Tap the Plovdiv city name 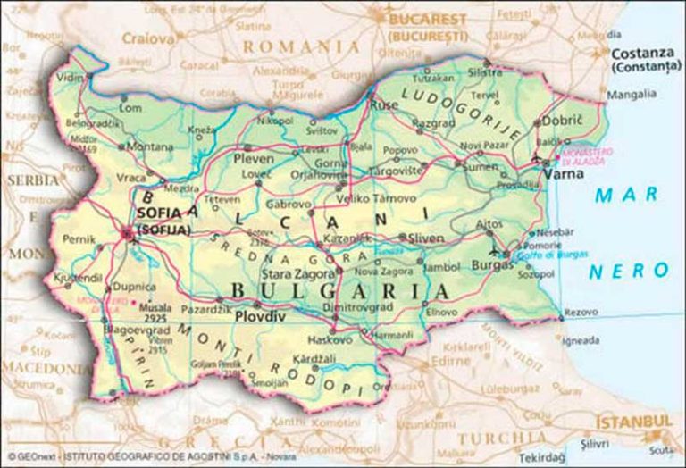tap(261, 315)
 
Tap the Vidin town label tap(69, 78)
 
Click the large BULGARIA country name tap(339, 292)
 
